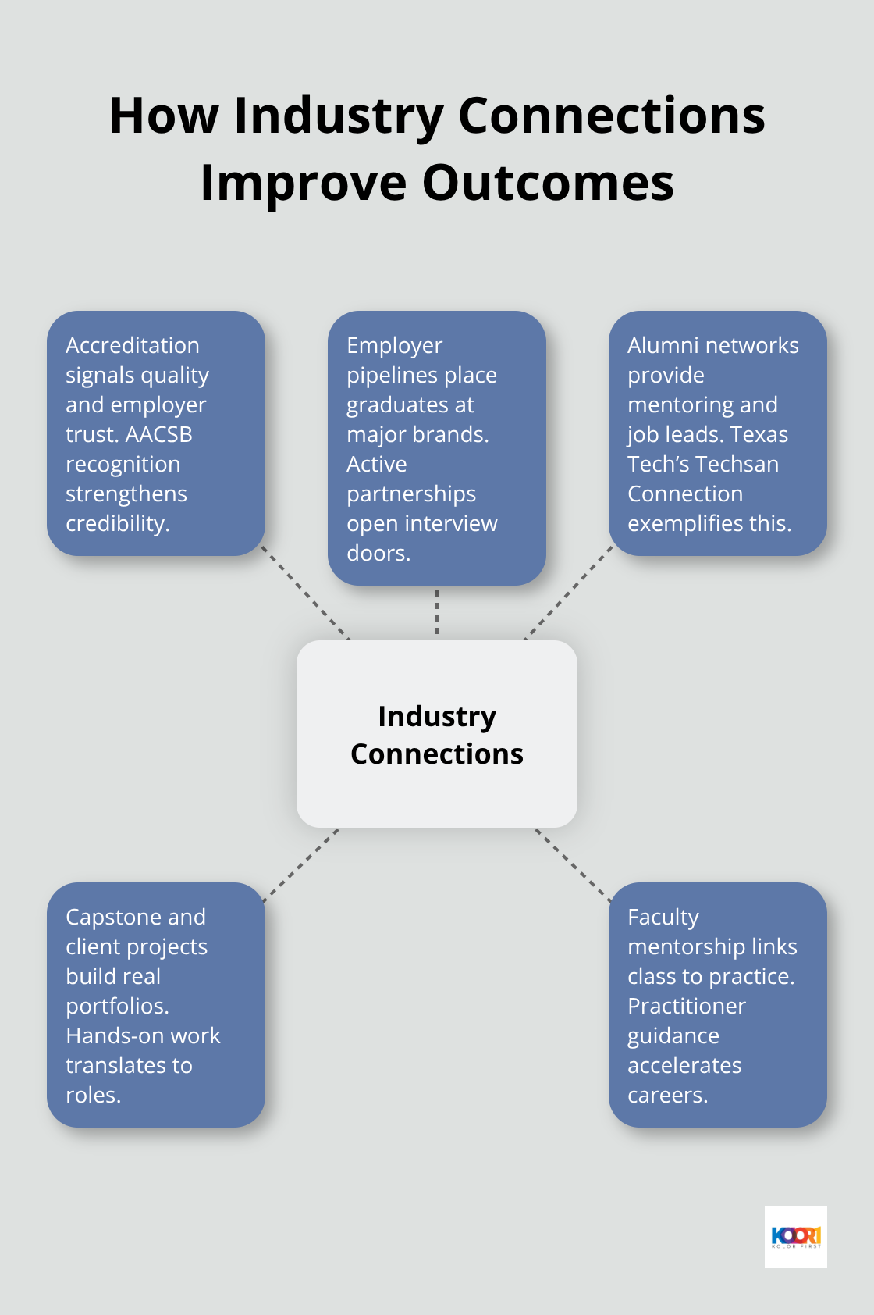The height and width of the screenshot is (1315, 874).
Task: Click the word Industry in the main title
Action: point(339,116)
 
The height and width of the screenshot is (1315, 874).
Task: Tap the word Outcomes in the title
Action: point(548,184)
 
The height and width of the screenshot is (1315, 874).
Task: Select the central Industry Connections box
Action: point(437,734)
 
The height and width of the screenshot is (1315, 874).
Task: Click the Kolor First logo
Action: point(795,1236)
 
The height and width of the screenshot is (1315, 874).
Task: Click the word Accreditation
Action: point(133,345)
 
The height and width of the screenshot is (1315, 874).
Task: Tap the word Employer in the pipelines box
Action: point(394,345)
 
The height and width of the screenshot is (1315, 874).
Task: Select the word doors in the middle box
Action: point(378,553)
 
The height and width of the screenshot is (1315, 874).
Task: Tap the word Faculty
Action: point(663,917)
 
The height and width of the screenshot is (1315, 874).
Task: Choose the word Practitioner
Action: point(687,1006)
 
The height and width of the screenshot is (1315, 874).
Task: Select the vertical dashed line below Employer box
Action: point(437,612)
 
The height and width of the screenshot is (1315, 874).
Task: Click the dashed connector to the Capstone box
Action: point(301,865)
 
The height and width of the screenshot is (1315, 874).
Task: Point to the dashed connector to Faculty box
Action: point(573,865)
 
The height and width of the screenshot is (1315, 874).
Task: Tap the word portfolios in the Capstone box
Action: point(116,1006)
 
